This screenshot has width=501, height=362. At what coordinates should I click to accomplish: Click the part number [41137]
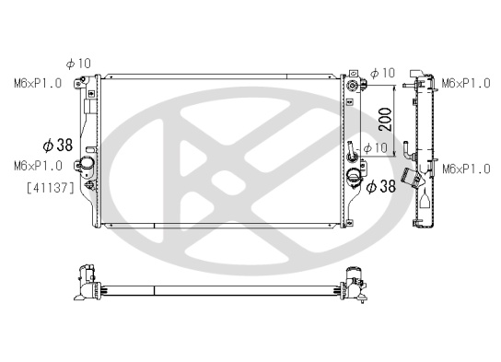pyautogui.click(x=51, y=188)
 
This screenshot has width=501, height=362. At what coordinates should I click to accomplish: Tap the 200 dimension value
pyautogui.click(x=385, y=120)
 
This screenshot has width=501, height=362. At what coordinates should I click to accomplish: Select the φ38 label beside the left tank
pyautogui.click(x=58, y=145)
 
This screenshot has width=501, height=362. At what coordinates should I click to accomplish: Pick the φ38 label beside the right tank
pyautogui.click(x=381, y=186)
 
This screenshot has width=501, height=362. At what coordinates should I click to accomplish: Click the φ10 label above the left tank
pyautogui.click(x=78, y=64)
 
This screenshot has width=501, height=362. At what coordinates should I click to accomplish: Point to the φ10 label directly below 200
pyautogui.click(x=376, y=148)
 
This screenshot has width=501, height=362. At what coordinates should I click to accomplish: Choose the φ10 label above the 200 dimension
pyautogui.click(x=382, y=73)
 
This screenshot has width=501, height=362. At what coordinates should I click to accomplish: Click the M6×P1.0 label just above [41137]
pyautogui.click(x=38, y=166)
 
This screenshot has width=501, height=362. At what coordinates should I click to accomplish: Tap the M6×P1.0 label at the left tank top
pyautogui.click(x=38, y=84)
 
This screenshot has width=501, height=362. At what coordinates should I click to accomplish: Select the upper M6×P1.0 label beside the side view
pyautogui.click(x=466, y=84)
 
